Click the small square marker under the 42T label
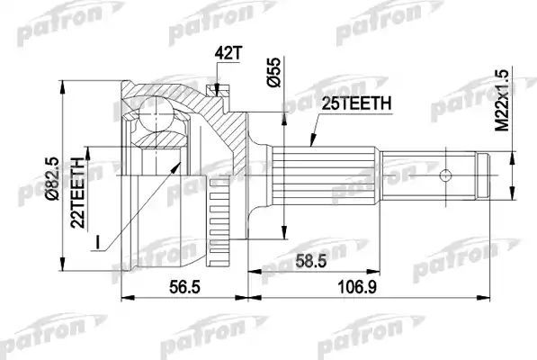(x=213, y=88)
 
